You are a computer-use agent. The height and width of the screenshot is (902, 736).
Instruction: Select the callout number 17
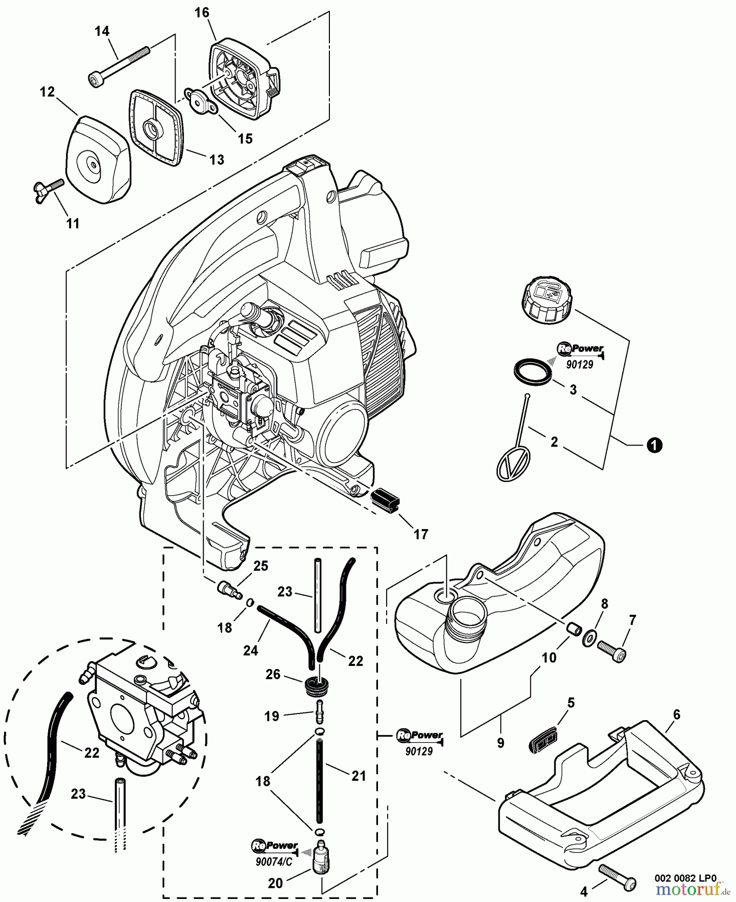(421, 534)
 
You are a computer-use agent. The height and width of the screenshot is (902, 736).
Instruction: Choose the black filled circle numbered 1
(654, 445)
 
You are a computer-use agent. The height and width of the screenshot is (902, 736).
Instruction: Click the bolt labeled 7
(612, 652)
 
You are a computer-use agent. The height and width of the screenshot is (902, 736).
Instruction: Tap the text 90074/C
(274, 862)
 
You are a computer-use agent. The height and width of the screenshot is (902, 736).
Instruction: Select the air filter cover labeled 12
(98, 158)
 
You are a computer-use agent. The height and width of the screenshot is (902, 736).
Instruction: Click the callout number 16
(202, 13)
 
